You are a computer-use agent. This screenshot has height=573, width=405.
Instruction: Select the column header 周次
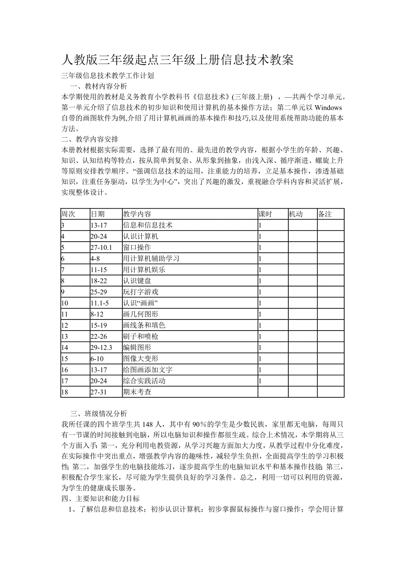click(68, 214)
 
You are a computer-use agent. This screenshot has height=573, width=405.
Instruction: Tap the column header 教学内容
click(137, 214)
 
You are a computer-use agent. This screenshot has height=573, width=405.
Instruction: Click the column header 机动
click(295, 214)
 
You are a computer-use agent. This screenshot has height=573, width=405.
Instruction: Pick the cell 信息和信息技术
click(147, 225)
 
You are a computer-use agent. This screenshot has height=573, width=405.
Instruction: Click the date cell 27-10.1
click(101, 247)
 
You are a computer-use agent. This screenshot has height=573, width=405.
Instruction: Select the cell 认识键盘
click(137, 281)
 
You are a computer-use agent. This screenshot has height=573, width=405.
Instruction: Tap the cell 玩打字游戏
click(140, 292)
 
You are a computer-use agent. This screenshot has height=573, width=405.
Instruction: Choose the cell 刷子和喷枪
click(140, 336)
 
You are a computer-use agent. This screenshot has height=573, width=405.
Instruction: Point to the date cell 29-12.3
click(101, 348)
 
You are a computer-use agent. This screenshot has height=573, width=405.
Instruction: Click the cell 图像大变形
click(140, 359)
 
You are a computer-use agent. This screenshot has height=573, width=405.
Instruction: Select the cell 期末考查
click(137, 392)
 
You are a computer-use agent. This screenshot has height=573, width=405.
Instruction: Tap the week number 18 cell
click(65, 392)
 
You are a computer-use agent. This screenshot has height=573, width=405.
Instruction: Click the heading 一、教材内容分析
click(99, 86)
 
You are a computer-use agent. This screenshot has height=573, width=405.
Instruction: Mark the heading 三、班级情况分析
click(99, 414)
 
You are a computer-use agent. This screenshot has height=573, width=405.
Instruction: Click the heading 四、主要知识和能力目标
click(101, 499)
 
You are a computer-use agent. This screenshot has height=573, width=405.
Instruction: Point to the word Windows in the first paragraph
click(328, 107)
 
